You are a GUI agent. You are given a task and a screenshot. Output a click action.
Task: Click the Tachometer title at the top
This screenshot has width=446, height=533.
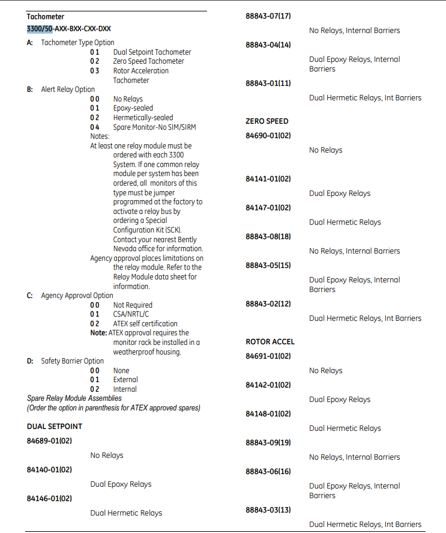(x=45, y=17)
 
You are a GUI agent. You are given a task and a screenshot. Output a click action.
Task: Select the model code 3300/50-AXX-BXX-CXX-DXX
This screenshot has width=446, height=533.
(x=68, y=28)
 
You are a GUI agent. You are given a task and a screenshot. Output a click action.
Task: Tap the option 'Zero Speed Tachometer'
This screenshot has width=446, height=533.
(x=148, y=61)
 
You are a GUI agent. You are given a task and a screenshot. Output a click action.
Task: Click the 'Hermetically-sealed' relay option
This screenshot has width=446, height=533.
(x=143, y=118)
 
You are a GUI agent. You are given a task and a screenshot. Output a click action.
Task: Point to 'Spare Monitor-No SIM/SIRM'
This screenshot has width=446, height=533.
(x=154, y=127)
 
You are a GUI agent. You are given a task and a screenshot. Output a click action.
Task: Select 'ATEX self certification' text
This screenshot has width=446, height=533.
(x=145, y=324)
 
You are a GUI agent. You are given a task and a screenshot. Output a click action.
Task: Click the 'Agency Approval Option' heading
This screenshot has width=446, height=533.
(x=77, y=296)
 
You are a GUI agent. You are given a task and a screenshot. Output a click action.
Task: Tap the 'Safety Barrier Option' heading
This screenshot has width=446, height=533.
(x=72, y=361)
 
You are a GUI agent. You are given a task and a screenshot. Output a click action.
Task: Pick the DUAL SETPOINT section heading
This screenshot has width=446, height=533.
(x=55, y=427)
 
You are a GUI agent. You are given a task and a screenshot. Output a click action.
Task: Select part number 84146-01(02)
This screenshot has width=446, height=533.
(x=49, y=499)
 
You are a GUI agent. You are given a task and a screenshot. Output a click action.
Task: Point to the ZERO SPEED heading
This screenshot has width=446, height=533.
(x=267, y=121)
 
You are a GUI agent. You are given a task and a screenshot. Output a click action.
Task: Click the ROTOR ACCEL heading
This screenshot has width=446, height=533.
(x=270, y=342)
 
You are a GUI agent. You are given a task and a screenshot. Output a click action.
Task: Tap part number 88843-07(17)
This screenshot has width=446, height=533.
(x=268, y=16)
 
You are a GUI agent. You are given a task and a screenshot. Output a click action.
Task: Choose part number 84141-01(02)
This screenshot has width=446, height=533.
(x=268, y=179)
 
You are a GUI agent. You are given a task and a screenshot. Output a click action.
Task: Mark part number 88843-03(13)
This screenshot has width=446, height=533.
(x=268, y=510)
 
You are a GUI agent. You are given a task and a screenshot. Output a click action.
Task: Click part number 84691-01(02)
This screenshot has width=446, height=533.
(x=268, y=356)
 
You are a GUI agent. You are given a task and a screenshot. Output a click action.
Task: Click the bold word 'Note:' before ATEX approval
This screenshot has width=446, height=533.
(x=98, y=333)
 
